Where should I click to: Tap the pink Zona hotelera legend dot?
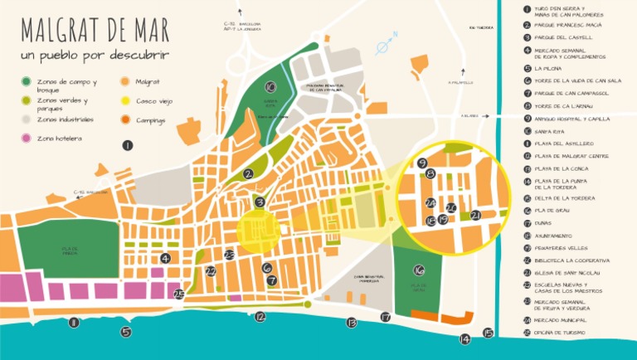point(27,138)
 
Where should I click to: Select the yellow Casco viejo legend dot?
point(125,101)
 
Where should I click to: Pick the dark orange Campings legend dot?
point(125,120)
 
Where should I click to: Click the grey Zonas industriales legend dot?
point(27,119)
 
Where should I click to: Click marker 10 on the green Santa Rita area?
point(270,86)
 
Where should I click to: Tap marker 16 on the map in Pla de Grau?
point(419,270)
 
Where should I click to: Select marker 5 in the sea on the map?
point(125,332)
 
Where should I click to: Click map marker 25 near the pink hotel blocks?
point(178,293)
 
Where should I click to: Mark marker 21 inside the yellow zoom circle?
point(475,215)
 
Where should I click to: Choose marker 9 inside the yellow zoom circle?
point(422,163)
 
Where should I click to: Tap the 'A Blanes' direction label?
point(470,116)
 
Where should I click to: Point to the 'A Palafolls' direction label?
point(460,82)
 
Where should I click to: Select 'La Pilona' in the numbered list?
point(547,69)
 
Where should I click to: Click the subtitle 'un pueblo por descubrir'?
point(95,56)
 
